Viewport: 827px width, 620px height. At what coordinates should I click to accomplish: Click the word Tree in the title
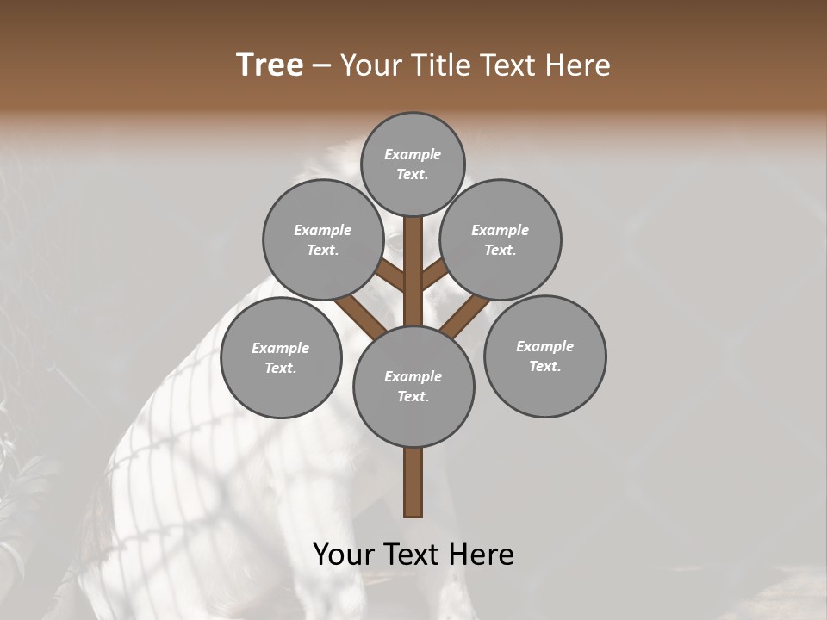click(270, 65)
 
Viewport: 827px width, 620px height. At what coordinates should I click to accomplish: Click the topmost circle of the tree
click(413, 164)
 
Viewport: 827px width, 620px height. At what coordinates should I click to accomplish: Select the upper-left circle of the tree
click(323, 239)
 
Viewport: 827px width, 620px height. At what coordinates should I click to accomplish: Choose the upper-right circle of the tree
click(501, 239)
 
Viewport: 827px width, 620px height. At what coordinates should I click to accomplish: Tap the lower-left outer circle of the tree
click(281, 357)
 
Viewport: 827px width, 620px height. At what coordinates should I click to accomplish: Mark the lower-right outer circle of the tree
click(544, 356)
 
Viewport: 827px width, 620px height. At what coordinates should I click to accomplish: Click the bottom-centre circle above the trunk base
click(413, 386)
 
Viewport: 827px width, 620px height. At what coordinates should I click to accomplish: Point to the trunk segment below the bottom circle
click(413, 482)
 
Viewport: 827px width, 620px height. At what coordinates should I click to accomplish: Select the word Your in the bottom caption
click(344, 555)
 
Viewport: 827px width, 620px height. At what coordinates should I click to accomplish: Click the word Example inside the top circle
click(413, 154)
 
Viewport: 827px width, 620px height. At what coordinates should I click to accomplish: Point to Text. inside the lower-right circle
click(544, 366)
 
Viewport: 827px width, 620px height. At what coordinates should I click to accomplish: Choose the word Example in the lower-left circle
click(281, 348)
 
